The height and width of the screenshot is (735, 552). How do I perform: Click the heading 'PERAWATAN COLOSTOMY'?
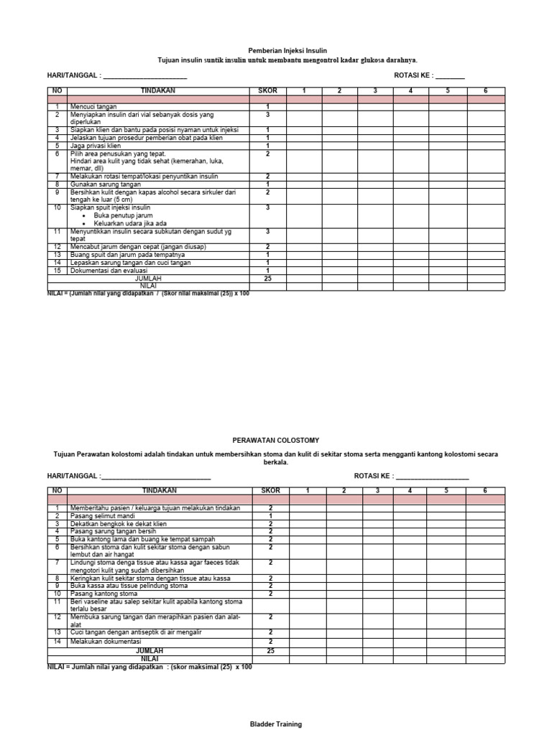276,439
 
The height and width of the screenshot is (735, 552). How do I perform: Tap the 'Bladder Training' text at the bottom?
276,724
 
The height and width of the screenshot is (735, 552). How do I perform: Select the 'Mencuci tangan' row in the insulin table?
93,106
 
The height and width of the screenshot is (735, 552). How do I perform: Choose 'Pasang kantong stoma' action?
103,594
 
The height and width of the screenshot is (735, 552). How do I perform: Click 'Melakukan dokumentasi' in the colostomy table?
106,641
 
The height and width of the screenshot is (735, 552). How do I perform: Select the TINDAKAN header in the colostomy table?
159,490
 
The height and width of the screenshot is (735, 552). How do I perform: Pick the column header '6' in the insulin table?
485,90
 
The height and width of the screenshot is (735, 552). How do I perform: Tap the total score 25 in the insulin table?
267,278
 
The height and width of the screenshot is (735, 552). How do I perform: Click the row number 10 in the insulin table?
57,207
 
